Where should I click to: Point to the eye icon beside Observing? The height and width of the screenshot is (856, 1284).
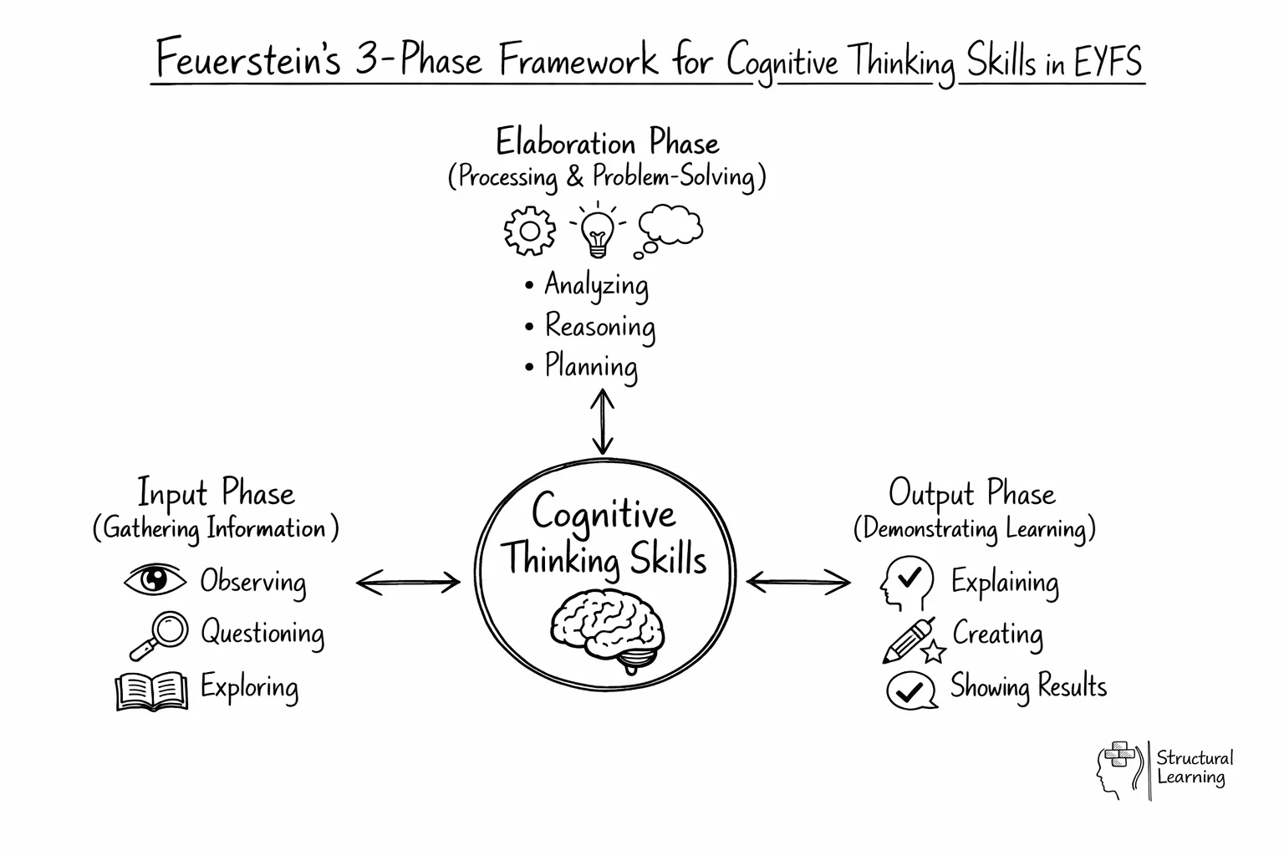155,579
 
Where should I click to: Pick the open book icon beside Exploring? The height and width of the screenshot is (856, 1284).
151,690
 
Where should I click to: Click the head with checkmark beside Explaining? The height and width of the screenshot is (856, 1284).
906,583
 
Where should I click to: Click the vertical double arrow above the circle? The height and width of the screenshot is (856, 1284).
602,423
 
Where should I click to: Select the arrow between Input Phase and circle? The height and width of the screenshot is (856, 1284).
408,583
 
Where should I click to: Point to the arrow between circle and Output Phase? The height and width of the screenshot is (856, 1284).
798,582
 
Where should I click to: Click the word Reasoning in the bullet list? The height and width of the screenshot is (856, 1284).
599,326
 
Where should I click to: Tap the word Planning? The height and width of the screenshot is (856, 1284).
590,366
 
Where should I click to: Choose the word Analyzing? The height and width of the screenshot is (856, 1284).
595,285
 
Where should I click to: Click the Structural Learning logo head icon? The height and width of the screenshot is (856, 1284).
1118,769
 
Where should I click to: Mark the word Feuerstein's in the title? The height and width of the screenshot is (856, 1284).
248,60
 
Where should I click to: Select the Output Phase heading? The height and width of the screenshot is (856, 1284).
971,493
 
